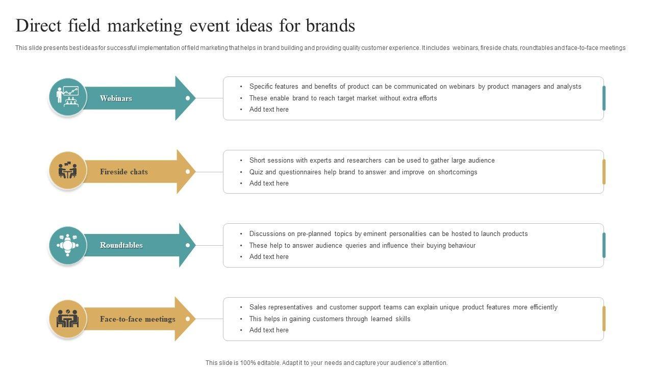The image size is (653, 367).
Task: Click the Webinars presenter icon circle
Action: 67,96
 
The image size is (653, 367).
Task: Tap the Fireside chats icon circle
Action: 67,170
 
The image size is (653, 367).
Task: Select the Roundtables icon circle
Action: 67,245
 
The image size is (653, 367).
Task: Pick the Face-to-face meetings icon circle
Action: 67,319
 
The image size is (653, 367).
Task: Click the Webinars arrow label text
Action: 116,98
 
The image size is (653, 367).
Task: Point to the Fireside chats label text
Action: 123,172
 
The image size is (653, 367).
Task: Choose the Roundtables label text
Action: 121,245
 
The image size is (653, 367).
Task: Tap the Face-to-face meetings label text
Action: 137,319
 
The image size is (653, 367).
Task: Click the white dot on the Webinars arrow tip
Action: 188,98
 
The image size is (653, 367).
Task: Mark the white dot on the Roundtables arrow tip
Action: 188,245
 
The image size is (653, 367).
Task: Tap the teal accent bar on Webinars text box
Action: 604,98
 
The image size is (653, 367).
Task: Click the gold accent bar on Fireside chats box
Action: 604,172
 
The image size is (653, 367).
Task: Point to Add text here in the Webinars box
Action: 269,110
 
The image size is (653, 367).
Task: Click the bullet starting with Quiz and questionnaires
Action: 363,172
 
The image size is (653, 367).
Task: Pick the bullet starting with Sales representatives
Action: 403,307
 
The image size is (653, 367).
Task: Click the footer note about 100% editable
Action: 326,363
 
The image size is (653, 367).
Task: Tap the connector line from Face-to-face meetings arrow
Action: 209,319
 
